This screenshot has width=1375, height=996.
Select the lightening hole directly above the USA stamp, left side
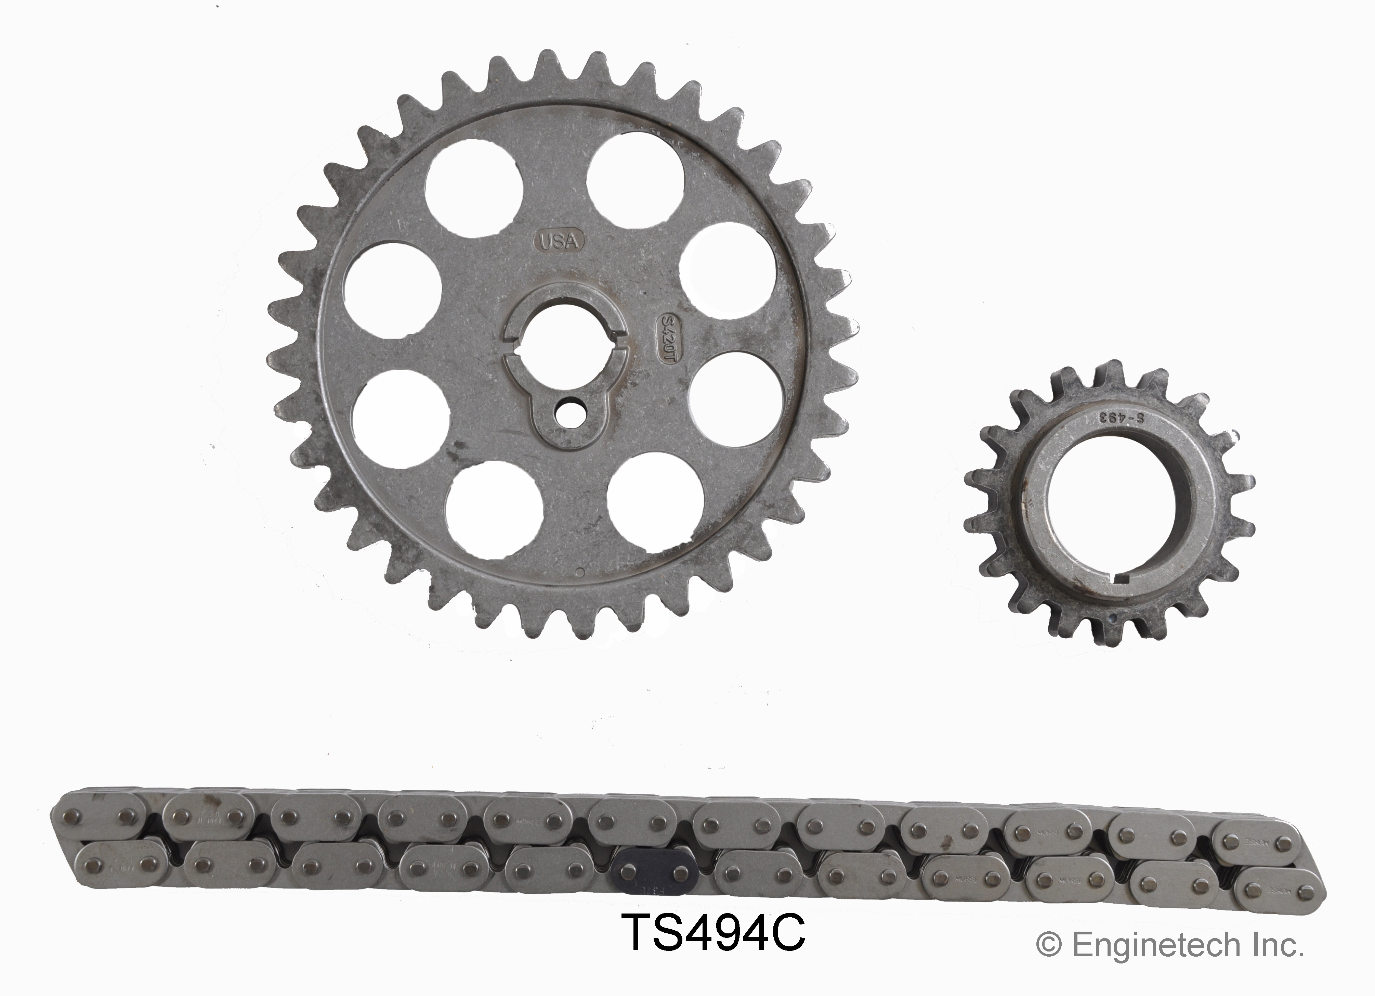[474, 188]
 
